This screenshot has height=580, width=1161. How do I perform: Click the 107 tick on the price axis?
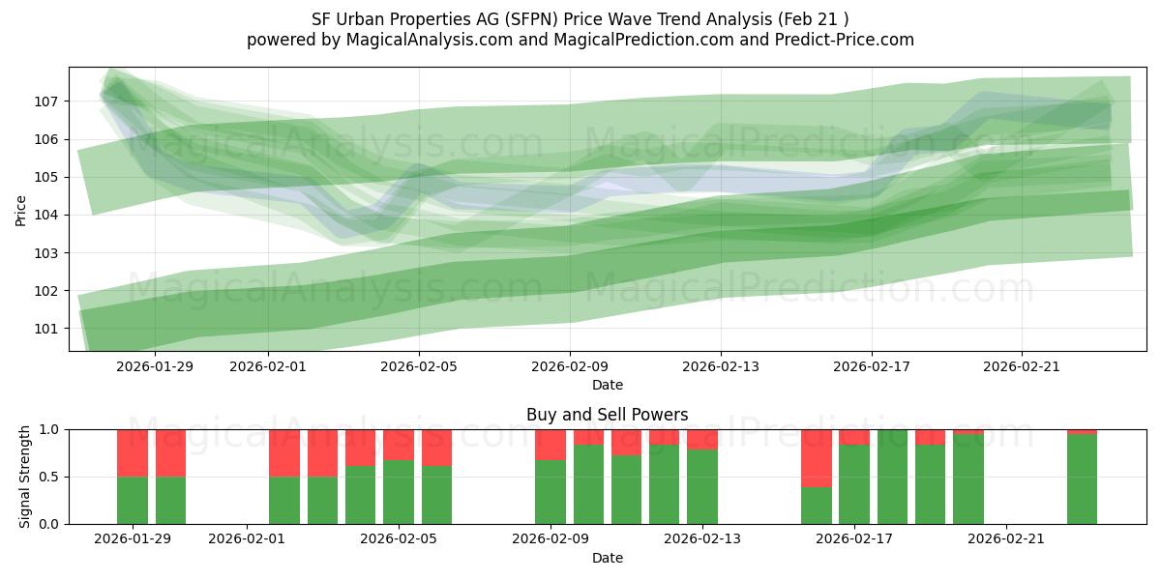[48, 101]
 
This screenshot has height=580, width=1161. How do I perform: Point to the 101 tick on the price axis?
[48, 329]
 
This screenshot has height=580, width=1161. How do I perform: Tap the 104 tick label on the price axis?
[48, 215]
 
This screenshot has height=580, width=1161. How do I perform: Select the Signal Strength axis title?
[25, 477]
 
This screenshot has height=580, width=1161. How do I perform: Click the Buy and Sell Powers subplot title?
[607, 415]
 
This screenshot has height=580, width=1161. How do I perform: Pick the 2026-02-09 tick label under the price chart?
[570, 366]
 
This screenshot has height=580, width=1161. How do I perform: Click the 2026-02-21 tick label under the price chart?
[1022, 366]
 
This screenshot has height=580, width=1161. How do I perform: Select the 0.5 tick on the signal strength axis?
[50, 477]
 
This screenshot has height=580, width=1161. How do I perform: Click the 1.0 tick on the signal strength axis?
[50, 429]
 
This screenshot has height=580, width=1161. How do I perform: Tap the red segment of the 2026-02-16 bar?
[817, 457]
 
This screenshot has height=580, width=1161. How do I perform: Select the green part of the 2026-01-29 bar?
[133, 500]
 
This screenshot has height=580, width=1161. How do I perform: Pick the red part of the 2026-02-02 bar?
[284, 452]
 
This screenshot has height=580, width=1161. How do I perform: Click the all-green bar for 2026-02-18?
[892, 477]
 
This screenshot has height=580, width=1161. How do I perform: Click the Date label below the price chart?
[607, 385]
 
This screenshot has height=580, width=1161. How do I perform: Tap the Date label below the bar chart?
[607, 558]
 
